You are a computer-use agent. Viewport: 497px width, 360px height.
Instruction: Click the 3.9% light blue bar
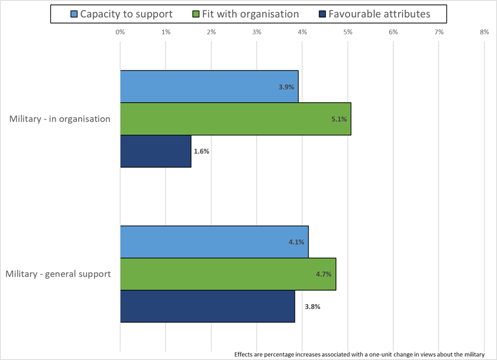pos(209,87)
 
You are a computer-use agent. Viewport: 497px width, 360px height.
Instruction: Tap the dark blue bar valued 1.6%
pos(155,151)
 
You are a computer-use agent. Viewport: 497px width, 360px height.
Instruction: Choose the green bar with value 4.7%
pos(228,274)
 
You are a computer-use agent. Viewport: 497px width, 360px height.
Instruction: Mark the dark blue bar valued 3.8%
pos(207,306)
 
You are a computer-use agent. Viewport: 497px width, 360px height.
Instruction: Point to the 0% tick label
pos(120,32)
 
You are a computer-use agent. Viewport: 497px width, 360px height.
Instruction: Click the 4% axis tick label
pos(302,32)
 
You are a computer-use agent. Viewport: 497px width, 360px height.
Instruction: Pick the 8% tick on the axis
pos(484,32)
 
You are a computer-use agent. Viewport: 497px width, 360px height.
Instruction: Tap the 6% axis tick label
pos(393,32)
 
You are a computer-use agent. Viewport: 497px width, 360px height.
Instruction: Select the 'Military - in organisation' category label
pos(60,119)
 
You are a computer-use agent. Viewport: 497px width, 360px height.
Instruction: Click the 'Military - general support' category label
pos(58,274)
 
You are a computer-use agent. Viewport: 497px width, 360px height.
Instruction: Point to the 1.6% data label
pos(201,151)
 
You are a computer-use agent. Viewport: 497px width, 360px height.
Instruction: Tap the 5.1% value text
pos(340,119)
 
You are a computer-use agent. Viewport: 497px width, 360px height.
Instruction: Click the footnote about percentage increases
pos(359,354)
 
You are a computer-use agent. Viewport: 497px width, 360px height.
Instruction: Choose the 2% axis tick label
pos(211,32)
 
